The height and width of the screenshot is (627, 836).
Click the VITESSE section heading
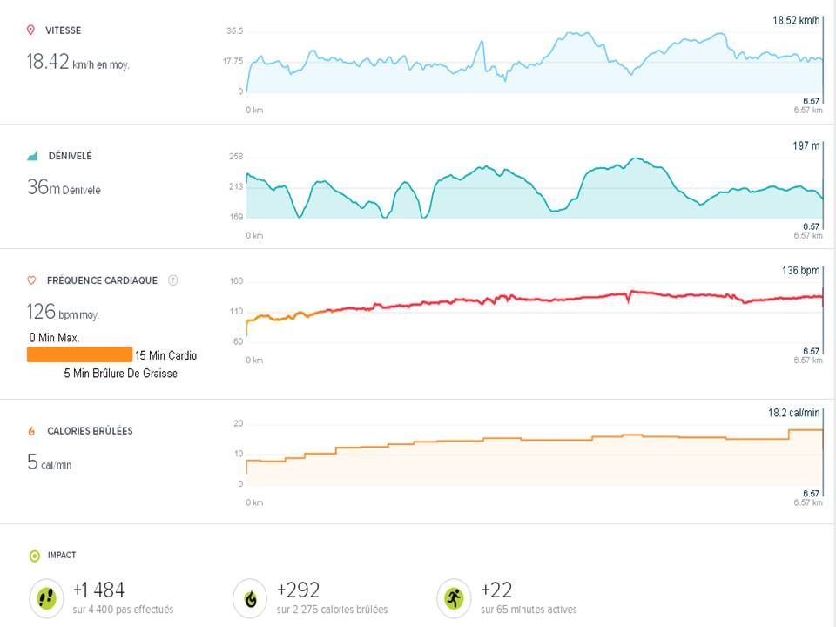[64, 30]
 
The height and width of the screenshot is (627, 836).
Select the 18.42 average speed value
[48, 62]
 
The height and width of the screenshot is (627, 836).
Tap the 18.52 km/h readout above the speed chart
[797, 19]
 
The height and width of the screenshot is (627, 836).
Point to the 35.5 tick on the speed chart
[234, 31]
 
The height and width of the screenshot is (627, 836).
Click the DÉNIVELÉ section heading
[70, 156]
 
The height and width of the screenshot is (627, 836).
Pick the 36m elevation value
[44, 187]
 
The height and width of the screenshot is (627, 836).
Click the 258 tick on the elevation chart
[235, 157]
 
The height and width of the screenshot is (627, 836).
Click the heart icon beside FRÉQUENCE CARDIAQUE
[31, 280]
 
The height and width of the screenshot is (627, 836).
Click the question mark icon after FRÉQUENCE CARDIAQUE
[172, 280]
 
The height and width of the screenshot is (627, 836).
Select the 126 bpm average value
[42, 312]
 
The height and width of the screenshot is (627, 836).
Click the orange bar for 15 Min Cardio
[79, 355]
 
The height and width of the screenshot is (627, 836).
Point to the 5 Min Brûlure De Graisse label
[120, 374]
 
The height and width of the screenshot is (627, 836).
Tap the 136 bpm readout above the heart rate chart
[802, 271]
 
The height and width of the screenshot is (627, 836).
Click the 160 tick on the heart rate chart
[235, 281]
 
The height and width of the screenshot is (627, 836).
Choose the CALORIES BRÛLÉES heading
[90, 431]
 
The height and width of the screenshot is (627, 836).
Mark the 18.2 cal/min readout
[794, 413]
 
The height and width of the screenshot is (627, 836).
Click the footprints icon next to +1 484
[45, 598]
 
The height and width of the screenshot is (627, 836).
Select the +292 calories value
[298, 590]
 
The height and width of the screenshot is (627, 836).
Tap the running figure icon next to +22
[453, 598]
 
